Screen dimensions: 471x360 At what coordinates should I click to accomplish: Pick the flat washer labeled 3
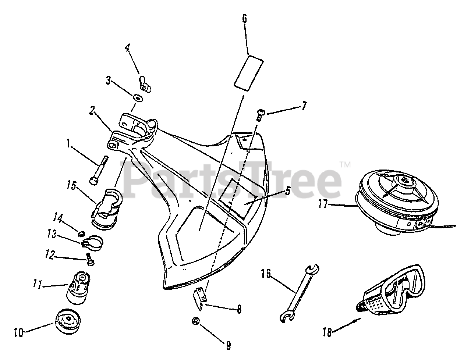(x=138, y=99)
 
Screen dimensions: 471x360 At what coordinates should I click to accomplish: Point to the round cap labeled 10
(x=69, y=321)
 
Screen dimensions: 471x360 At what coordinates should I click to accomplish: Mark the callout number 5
(x=287, y=190)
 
